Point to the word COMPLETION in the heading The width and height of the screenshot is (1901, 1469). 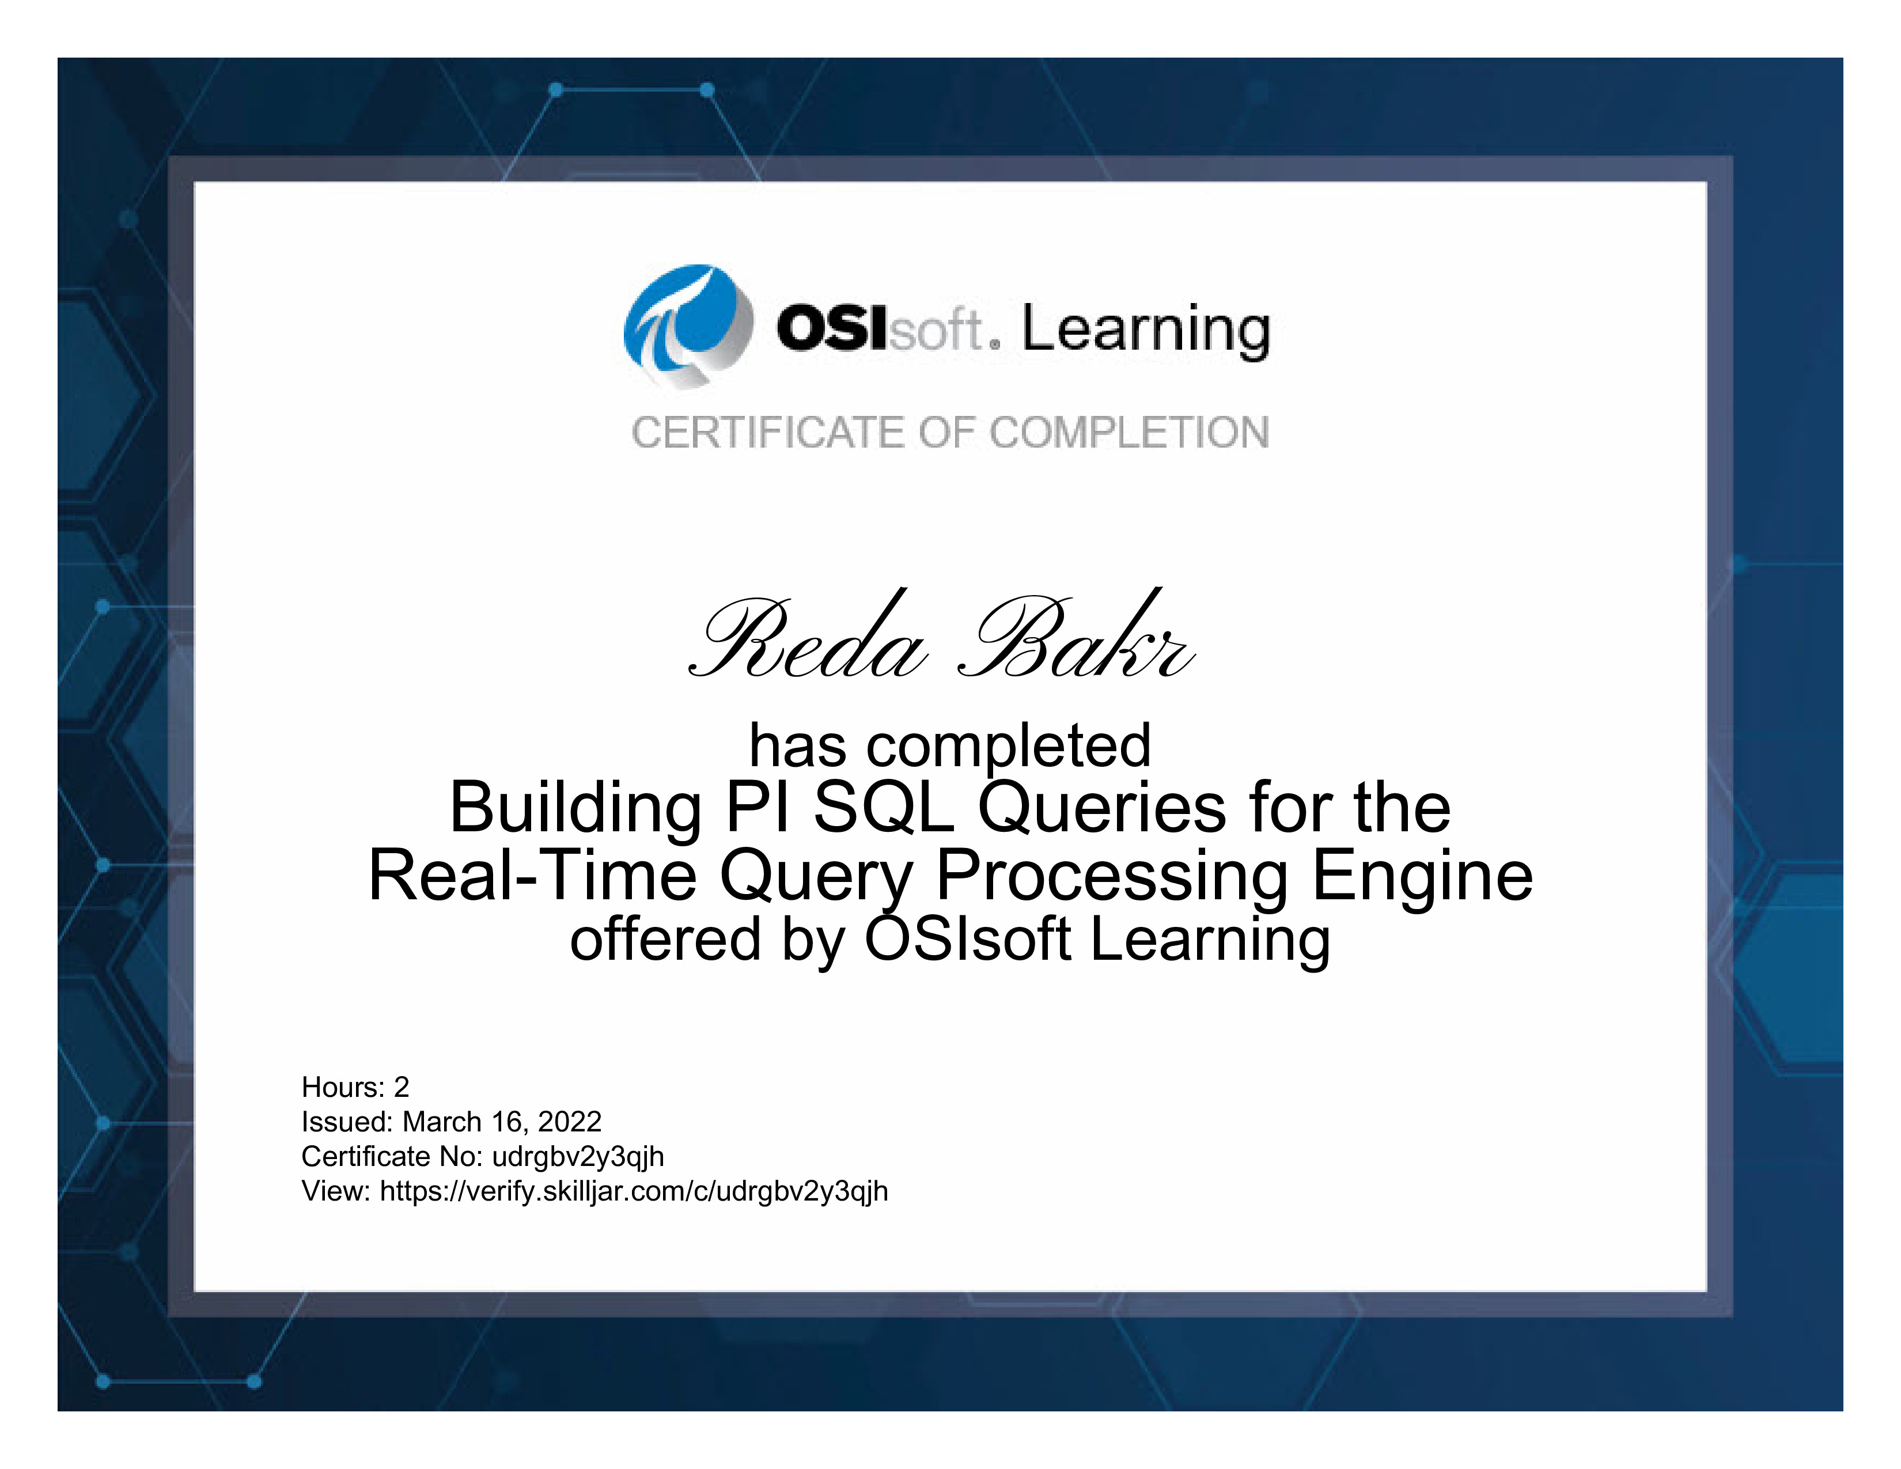1130,433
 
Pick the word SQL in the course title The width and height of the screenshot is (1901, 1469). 884,808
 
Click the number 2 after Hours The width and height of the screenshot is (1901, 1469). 402,1088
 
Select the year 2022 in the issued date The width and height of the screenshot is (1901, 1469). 570,1122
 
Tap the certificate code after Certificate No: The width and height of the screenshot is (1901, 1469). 578,1157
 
